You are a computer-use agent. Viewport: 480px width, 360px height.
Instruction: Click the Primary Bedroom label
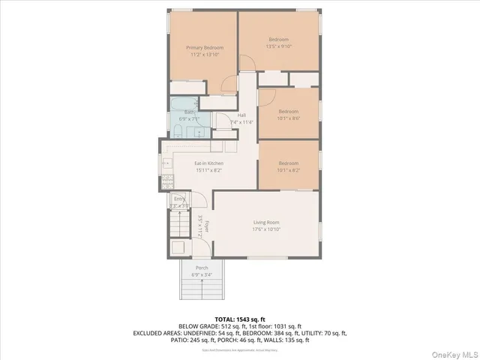tap(205, 47)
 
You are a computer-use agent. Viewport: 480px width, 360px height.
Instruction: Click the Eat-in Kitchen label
tap(208, 163)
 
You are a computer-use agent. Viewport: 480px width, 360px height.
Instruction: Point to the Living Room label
tap(266, 222)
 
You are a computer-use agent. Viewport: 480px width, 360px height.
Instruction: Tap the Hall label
tap(241, 115)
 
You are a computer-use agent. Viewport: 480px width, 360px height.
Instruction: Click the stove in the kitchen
tap(168, 180)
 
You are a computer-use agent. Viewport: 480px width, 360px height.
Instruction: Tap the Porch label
tap(202, 268)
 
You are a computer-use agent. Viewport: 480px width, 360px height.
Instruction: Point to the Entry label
tap(179, 199)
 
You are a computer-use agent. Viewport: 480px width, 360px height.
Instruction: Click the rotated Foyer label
tap(202, 225)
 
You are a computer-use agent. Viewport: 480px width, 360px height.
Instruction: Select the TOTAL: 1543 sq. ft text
tap(240, 319)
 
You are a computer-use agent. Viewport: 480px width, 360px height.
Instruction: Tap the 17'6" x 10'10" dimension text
tap(266, 229)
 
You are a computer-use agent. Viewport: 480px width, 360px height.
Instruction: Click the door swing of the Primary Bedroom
tap(244, 64)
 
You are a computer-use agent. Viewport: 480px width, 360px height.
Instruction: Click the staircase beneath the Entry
tap(181, 223)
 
